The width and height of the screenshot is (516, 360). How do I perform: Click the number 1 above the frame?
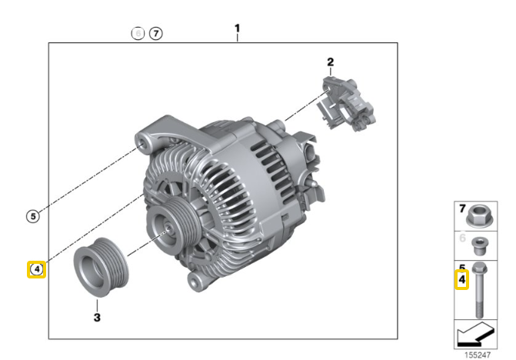237,29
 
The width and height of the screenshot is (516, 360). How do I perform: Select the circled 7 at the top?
156,34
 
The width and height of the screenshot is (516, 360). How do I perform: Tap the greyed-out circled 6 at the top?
138,34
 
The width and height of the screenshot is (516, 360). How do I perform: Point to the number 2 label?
330,62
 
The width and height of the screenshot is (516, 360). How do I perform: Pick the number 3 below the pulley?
97,316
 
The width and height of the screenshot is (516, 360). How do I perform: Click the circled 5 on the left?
32,216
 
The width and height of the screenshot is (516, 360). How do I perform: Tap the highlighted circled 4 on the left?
36,269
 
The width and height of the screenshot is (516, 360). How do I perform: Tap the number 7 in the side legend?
462,208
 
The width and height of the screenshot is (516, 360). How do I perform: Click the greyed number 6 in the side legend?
462,239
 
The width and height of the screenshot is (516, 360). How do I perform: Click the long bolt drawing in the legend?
478,288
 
